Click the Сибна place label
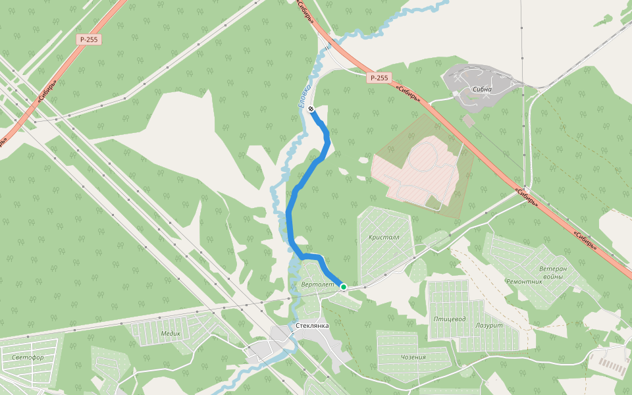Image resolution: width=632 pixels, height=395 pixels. pyautogui.click(x=483, y=89)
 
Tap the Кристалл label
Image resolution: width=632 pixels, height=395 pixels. pyautogui.click(x=384, y=237)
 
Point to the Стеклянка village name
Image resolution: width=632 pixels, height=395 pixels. pyautogui.click(x=312, y=325)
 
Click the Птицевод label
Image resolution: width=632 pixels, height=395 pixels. pyautogui.click(x=450, y=319)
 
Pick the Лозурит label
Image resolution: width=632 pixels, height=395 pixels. pyautogui.click(x=488, y=325)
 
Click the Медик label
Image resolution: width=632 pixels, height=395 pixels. pyautogui.click(x=171, y=333)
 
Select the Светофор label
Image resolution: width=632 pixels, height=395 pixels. pyautogui.click(x=28, y=357)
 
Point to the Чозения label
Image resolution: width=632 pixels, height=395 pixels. pyautogui.click(x=413, y=357)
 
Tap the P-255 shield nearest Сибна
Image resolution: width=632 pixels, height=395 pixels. pyautogui.click(x=379, y=78)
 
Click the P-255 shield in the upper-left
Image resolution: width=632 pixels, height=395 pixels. pyautogui.click(x=88, y=39)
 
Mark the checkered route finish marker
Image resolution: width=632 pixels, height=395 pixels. pyautogui.click(x=311, y=109)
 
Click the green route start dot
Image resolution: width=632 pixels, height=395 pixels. pyautogui.click(x=344, y=287)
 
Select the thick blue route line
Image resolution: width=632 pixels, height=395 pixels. pyautogui.click(x=290, y=217)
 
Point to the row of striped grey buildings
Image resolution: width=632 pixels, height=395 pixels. pyautogui.click(x=612, y=365)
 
